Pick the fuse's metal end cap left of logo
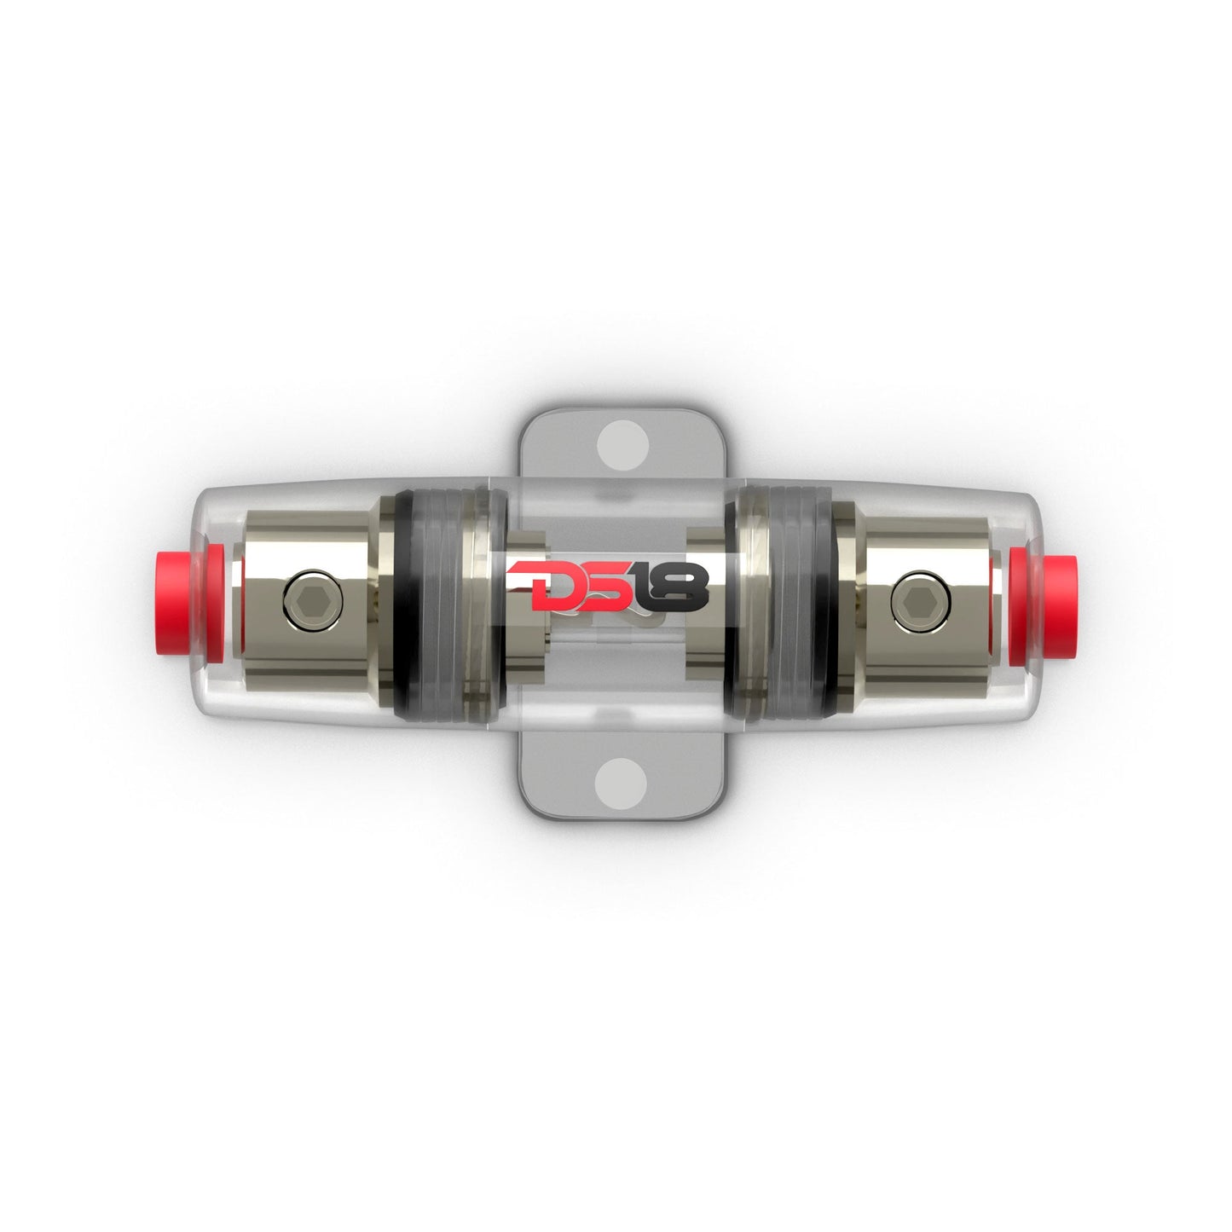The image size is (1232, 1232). pos(524,656)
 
